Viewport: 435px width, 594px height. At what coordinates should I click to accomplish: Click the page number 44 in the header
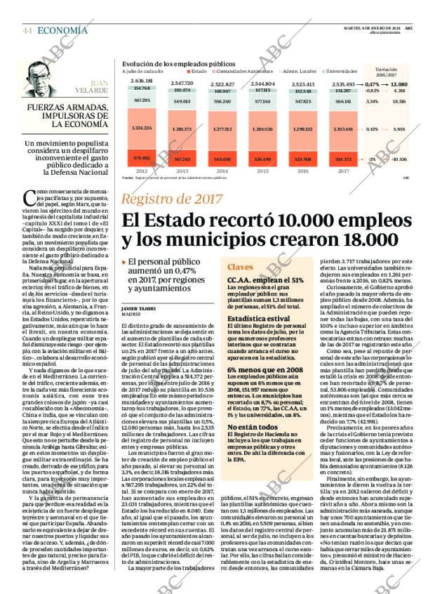[27, 30]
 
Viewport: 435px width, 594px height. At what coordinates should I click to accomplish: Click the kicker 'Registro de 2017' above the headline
[171, 199]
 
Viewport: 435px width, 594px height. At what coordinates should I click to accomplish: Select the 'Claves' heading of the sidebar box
[241, 268]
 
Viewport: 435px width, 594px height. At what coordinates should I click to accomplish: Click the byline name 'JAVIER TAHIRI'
[140, 308]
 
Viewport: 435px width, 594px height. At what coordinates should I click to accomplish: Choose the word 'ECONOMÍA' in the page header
[62, 30]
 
